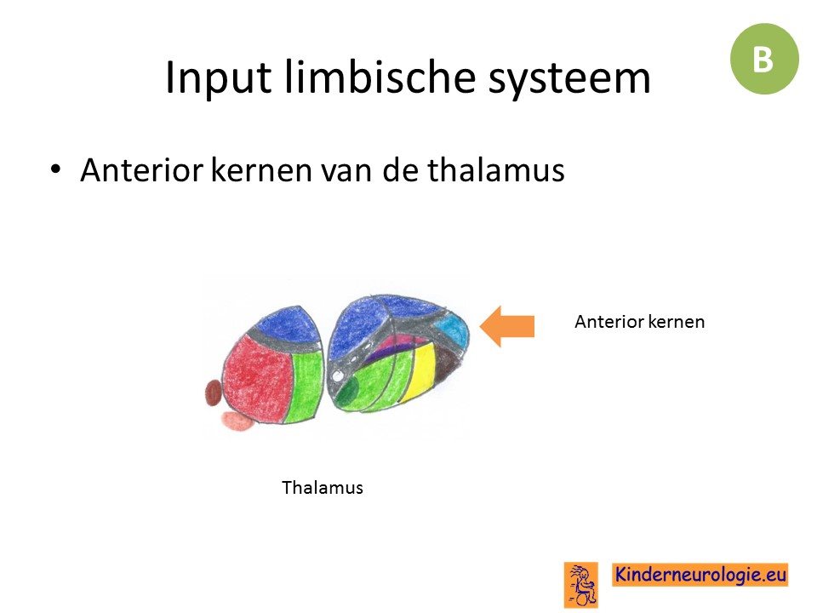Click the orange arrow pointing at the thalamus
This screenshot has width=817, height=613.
(506, 326)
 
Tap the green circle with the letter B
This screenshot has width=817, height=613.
(764, 59)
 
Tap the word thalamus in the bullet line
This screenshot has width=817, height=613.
(495, 170)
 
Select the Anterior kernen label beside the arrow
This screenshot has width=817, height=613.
(639, 322)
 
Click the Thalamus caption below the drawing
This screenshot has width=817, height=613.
(323, 488)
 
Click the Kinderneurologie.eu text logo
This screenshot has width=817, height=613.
(700, 575)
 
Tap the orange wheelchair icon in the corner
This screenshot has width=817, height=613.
(581, 585)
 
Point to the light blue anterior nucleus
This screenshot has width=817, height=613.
(451, 329)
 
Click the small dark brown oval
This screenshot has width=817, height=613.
(213, 392)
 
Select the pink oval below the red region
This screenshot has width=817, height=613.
(237, 421)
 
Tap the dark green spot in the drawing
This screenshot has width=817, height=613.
(347, 389)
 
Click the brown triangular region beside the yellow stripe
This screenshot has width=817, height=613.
(447, 364)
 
